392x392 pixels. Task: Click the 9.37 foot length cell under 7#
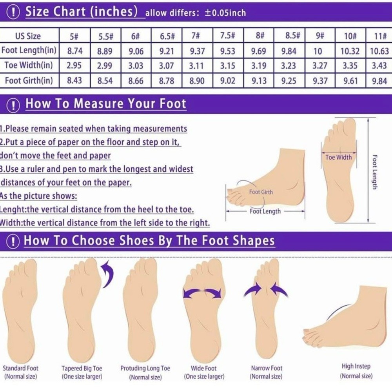click(197, 51)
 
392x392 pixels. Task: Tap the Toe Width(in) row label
click(29, 65)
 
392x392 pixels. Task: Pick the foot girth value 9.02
click(227, 81)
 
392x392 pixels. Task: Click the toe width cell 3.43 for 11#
click(379, 65)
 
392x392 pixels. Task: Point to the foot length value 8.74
click(75, 51)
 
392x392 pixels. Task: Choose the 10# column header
click(350, 36)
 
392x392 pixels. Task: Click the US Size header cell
click(28, 36)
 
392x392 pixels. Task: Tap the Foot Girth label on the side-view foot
click(261, 192)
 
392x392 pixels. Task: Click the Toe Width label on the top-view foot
click(339, 157)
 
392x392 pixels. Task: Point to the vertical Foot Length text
click(374, 172)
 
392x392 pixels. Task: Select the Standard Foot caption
click(20, 368)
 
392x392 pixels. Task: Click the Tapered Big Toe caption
click(82, 368)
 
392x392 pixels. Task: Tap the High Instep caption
click(356, 366)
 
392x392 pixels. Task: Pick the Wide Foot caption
click(204, 368)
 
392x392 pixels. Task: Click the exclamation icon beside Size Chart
click(13, 12)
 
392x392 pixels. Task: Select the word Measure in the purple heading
click(98, 103)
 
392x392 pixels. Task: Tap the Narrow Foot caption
click(267, 368)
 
